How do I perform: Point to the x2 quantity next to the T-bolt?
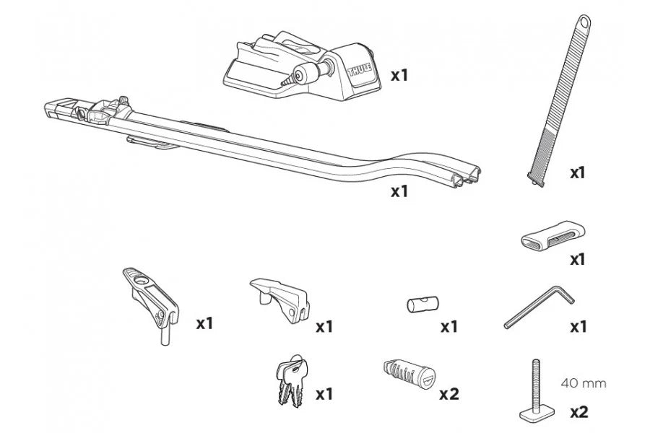point(578,412)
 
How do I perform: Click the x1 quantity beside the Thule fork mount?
point(399,74)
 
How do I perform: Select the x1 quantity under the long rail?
point(399,191)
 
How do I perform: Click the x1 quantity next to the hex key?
point(578,327)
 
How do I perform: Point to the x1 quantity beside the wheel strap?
point(578,172)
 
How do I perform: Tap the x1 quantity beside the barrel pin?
point(449,327)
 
